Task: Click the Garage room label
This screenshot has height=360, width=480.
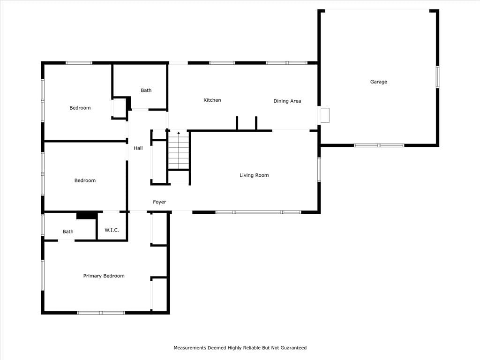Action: point(379,82)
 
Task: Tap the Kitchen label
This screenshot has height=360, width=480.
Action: point(212,100)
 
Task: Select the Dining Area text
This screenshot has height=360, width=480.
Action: point(287,101)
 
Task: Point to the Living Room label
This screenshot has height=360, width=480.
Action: point(254,175)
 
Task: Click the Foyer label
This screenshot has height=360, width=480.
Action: point(159,202)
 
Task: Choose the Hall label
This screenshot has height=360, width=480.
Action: point(138,148)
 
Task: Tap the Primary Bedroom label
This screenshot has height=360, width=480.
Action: point(104,276)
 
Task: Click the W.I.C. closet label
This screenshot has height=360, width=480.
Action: point(112,230)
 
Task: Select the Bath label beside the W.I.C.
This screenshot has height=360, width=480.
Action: point(68,232)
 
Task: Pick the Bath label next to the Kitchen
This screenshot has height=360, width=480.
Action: point(146,90)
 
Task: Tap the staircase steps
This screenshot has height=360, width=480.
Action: point(179,150)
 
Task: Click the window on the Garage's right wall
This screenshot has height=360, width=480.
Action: point(437,77)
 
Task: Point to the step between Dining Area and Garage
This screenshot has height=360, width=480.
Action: point(324,115)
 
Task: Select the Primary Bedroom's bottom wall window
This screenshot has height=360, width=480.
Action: point(101,313)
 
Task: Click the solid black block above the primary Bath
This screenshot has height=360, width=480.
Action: point(87,216)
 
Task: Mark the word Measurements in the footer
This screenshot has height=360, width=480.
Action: point(190,348)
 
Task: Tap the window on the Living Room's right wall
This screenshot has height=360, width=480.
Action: point(319,170)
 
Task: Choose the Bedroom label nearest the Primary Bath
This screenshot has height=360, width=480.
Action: point(85,180)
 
